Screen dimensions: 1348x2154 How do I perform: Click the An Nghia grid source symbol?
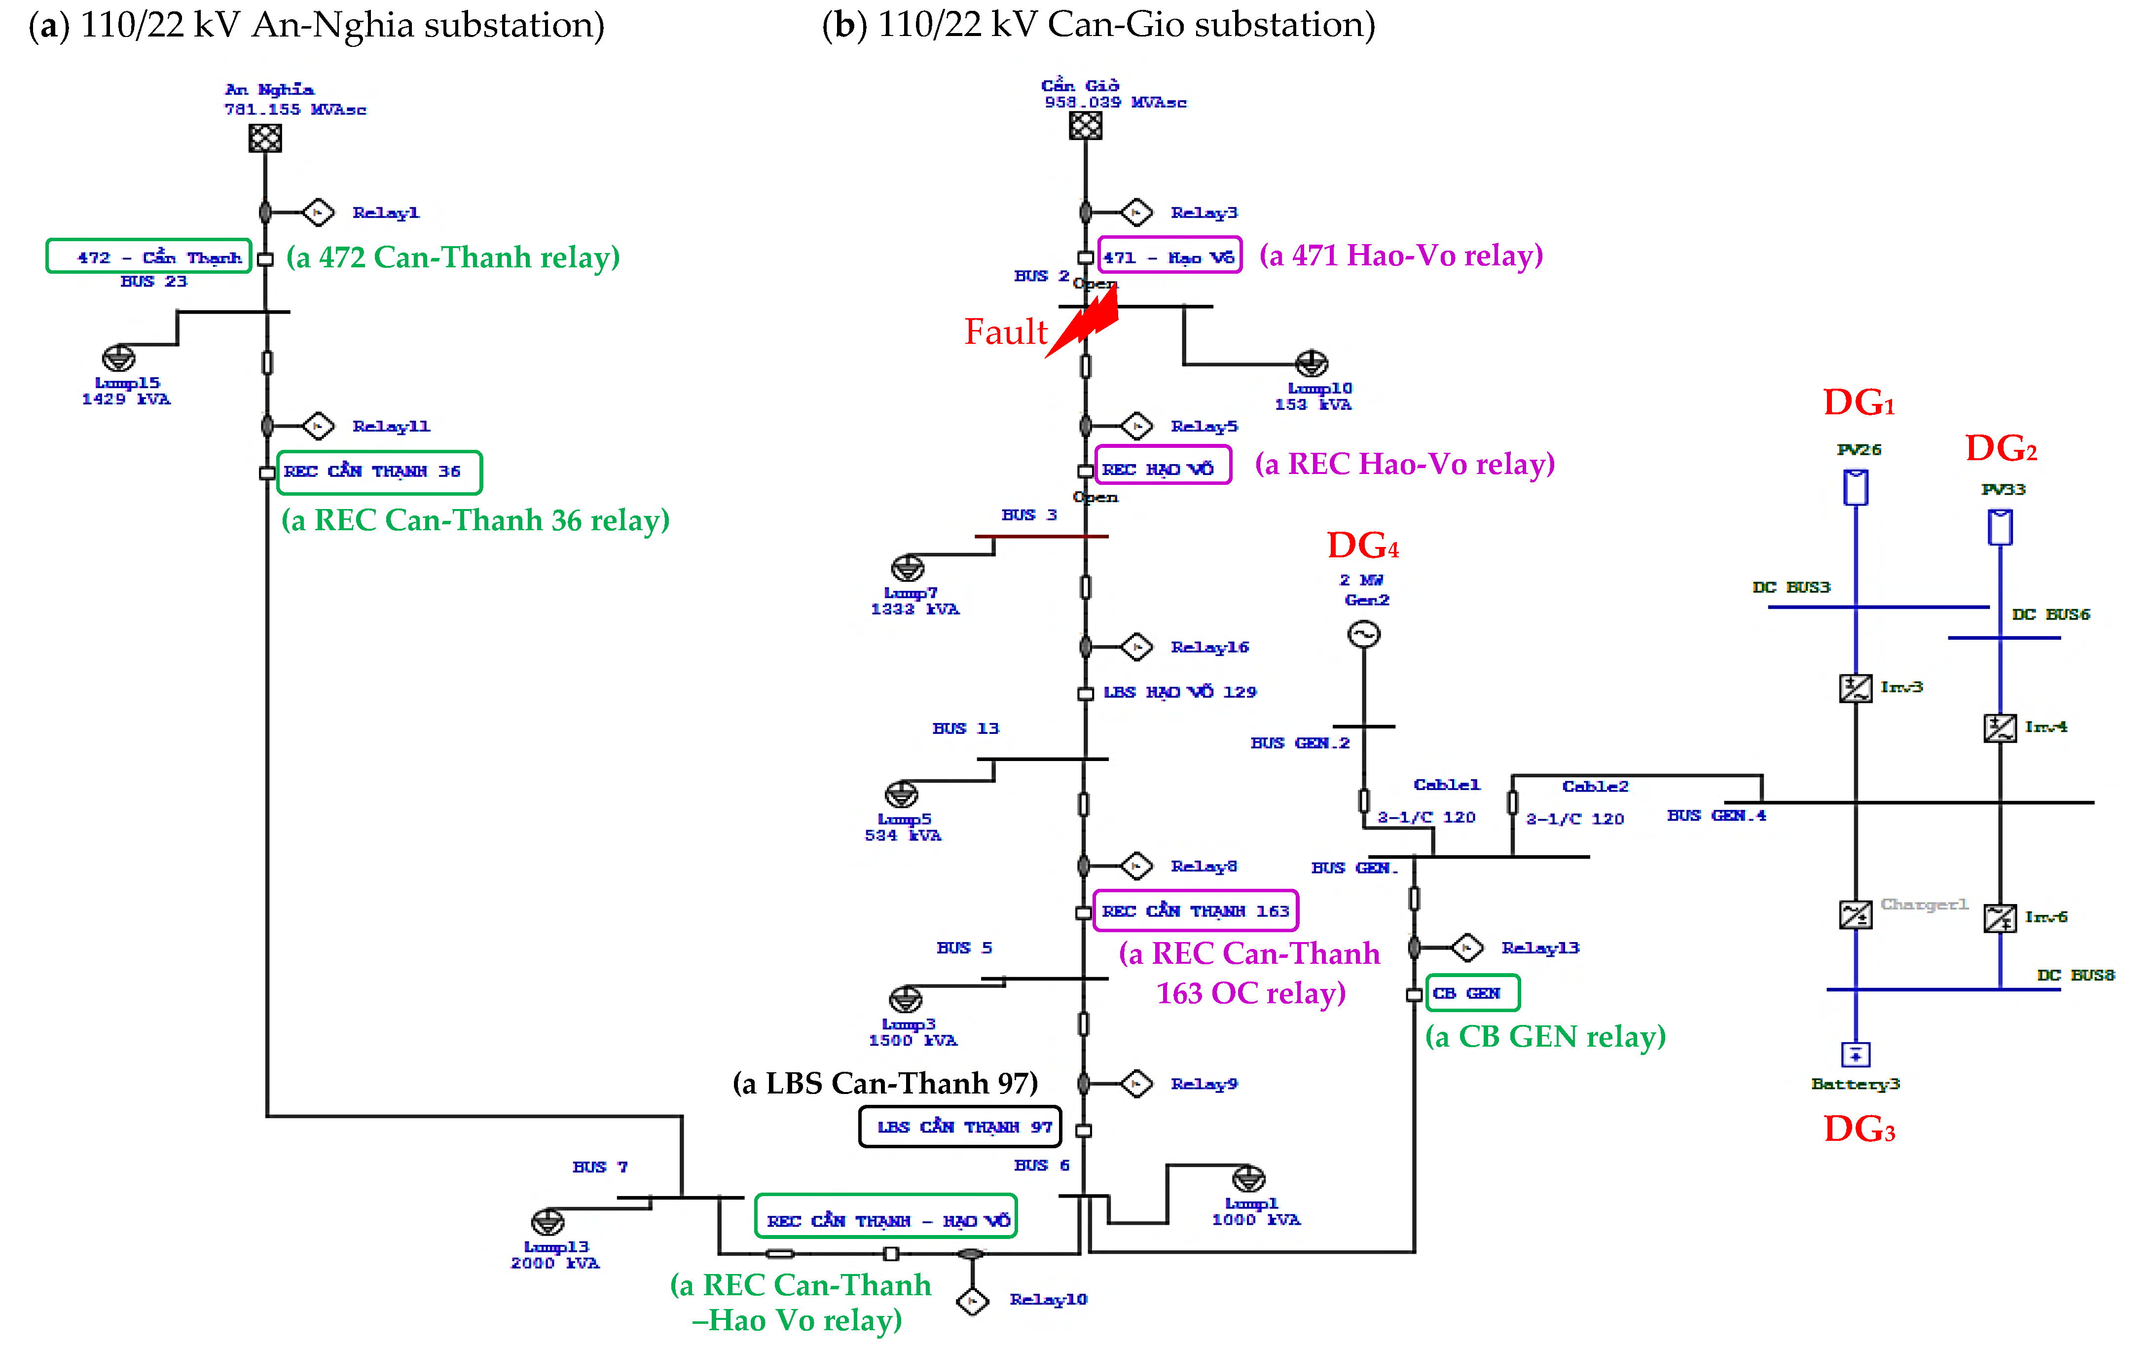pos(265,138)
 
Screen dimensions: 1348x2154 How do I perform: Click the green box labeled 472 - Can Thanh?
pos(149,257)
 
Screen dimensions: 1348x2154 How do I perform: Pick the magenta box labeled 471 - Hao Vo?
pos(1169,257)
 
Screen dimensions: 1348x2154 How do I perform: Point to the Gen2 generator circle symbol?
pos(1363,634)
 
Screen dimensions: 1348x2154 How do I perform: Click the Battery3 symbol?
pos(1855,1055)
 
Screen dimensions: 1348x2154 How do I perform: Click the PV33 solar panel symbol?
pos(2000,527)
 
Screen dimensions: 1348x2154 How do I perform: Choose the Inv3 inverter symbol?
pos(1855,688)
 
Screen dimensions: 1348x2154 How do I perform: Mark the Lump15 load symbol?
pos(118,359)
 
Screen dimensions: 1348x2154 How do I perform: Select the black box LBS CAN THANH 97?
pos(959,1127)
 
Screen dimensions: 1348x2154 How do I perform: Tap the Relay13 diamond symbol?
pos(1466,947)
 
